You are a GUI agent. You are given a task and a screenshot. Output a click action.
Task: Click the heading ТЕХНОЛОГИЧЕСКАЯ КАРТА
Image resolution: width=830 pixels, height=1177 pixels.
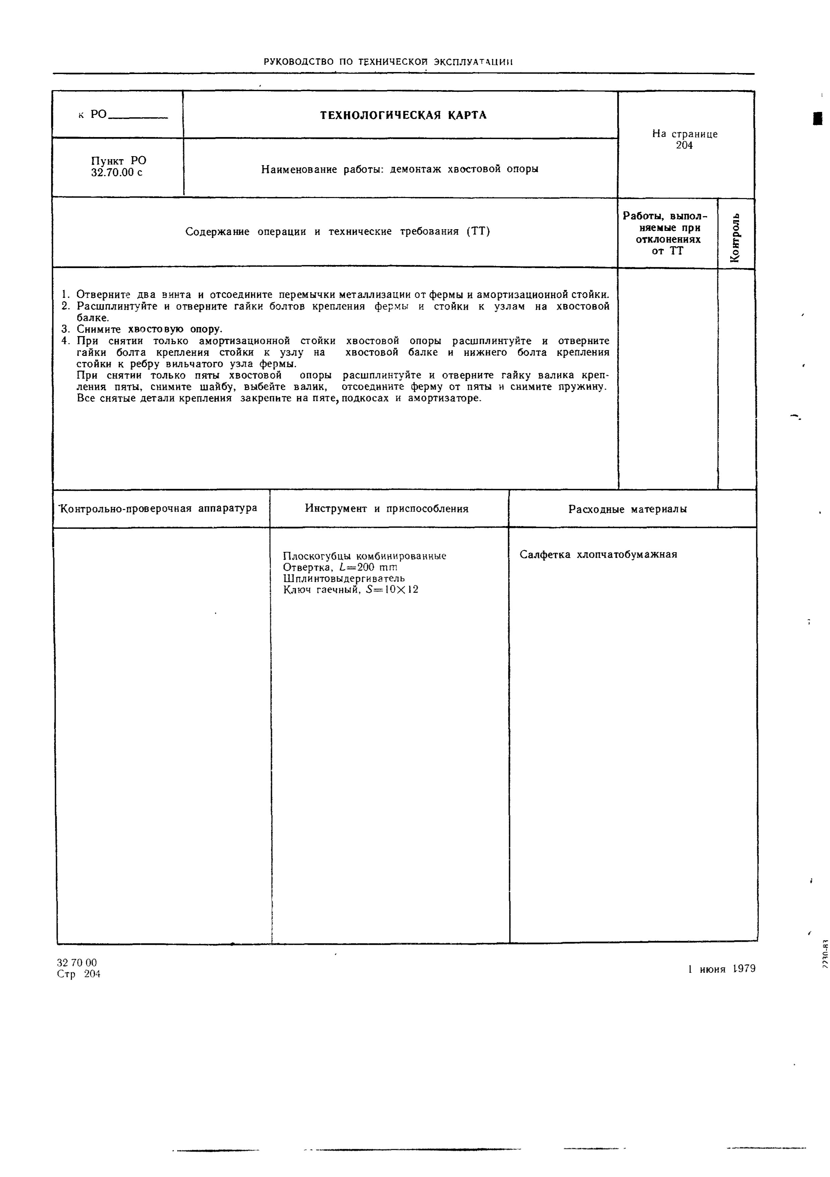click(403, 115)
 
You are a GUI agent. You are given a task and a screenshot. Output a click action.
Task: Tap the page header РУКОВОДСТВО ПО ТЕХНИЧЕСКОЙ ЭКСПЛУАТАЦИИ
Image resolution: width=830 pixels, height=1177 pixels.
click(388, 62)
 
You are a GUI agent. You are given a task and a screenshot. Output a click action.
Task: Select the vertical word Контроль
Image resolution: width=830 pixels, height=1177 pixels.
click(736, 237)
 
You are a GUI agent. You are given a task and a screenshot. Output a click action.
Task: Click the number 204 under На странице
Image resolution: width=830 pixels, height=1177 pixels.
click(684, 146)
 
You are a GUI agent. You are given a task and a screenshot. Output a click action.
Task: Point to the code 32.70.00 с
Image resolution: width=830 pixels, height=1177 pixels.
click(117, 173)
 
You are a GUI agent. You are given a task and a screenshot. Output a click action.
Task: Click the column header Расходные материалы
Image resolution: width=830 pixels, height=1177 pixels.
click(627, 509)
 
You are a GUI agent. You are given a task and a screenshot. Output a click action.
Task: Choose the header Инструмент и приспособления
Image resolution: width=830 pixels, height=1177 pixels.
click(386, 509)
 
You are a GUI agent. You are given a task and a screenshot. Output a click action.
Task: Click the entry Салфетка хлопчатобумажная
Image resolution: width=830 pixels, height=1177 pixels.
click(598, 554)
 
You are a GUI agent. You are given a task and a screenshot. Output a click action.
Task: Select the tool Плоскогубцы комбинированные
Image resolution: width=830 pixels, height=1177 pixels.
click(364, 556)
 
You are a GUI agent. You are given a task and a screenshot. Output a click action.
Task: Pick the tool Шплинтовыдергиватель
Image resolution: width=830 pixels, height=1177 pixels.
click(344, 578)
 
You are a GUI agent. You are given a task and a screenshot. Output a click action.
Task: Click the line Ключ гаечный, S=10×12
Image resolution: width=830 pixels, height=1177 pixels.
click(350, 590)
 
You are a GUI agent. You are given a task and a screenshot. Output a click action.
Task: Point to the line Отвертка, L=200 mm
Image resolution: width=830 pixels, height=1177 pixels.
click(340, 567)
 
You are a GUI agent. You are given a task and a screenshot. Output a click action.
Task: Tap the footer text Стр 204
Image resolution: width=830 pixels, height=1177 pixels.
click(78, 974)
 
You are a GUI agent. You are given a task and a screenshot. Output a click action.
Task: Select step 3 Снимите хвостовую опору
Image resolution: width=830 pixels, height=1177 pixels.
click(149, 329)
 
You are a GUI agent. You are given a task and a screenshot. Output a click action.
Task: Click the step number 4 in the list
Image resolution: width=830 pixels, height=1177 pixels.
click(65, 341)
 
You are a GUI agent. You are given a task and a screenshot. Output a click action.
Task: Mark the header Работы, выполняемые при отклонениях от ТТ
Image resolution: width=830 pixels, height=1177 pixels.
click(667, 233)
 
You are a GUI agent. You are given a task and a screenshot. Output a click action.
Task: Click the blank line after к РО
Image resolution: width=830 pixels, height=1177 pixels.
click(139, 116)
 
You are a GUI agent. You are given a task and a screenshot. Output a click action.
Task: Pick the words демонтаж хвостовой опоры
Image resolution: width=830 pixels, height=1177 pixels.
click(464, 169)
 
